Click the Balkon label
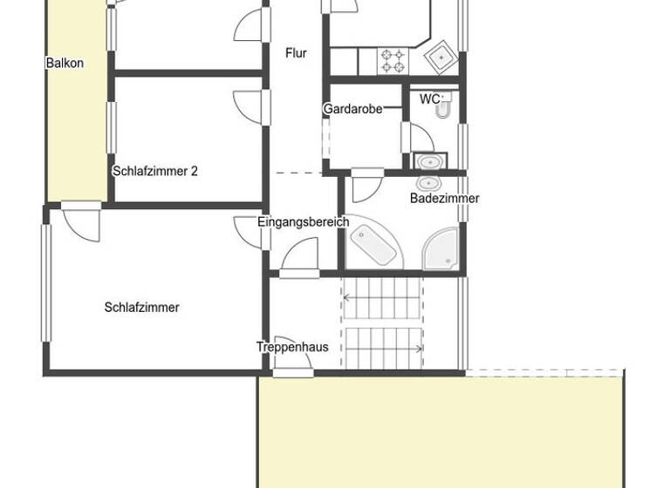[65, 63]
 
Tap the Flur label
[296, 53]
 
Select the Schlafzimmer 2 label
[155, 171]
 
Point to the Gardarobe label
[352, 109]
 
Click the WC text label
[430, 99]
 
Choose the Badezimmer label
[444, 198]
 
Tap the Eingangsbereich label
[303, 221]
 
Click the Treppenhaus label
[292, 347]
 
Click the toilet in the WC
[443, 107]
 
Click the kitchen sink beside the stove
[441, 58]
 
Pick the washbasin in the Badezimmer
[428, 184]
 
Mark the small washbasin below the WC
[428, 162]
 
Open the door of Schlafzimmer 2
[250, 103]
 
